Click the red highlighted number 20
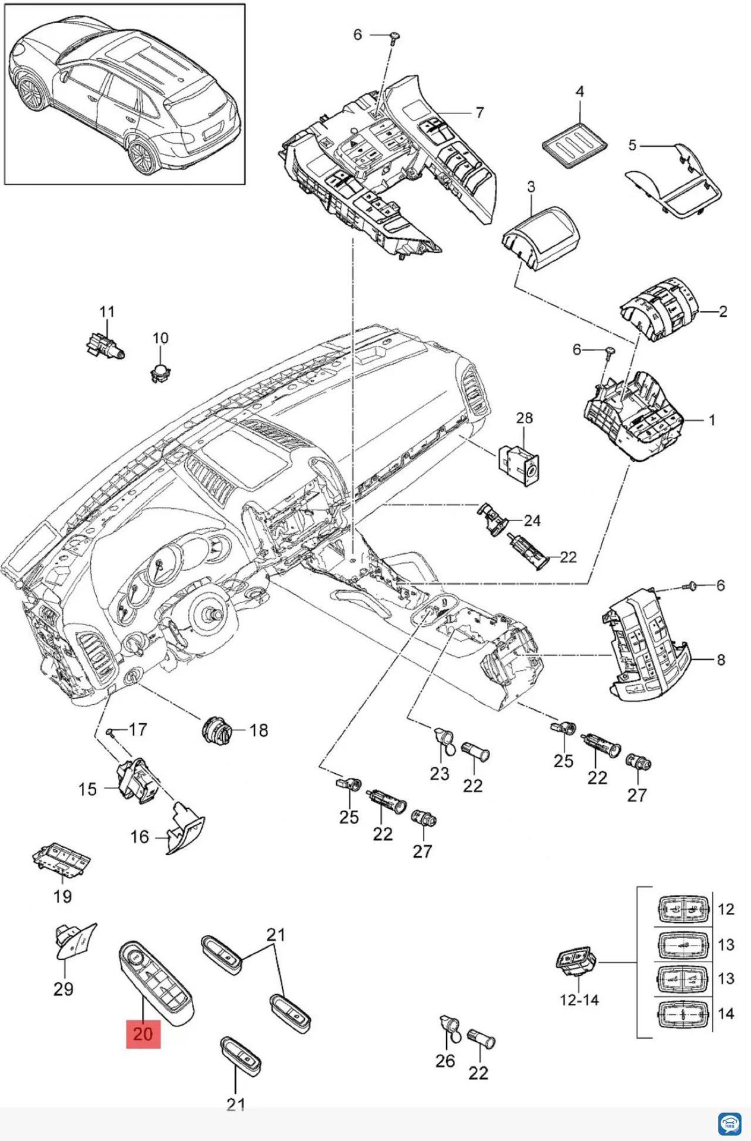click(x=143, y=1033)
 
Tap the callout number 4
click(x=579, y=92)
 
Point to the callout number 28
click(x=524, y=418)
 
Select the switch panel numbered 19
click(x=61, y=860)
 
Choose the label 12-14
click(x=579, y=1000)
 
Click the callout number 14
click(x=726, y=1013)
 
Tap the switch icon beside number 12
click(x=683, y=909)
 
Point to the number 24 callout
click(x=532, y=521)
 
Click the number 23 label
click(x=440, y=774)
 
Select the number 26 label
click(x=445, y=1061)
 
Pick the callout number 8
click(x=721, y=660)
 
